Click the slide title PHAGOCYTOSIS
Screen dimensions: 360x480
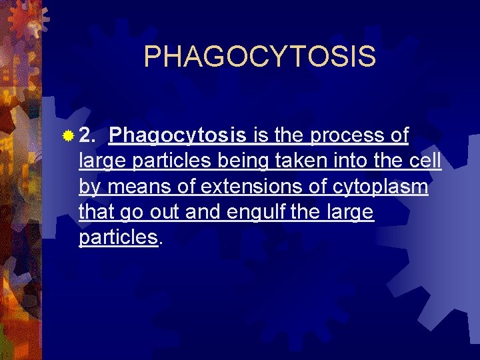click(x=259, y=57)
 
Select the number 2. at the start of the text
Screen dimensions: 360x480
click(x=87, y=137)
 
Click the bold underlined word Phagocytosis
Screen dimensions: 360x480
click(x=177, y=137)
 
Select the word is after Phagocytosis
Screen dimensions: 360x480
click(x=261, y=137)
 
